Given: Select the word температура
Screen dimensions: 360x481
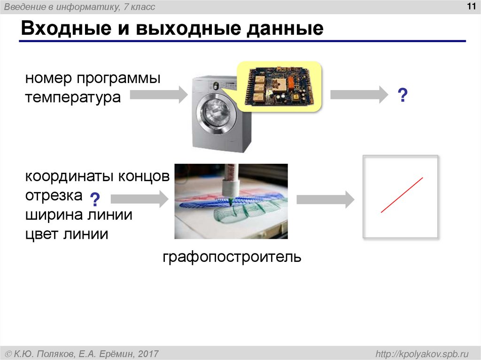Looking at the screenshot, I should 73,98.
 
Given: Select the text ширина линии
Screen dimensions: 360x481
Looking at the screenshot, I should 78,215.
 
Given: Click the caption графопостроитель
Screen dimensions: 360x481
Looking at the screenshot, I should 232,257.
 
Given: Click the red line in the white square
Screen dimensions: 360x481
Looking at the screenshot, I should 402,195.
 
